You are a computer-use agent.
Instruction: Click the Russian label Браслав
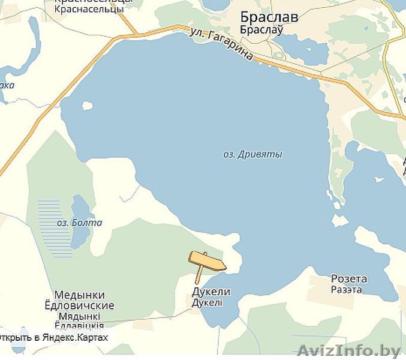[269, 17]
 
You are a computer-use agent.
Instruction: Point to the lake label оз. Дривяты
[252, 154]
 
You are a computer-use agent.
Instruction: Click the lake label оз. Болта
[79, 223]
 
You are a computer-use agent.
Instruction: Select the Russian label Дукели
[210, 292]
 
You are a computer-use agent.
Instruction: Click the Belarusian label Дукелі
[207, 303]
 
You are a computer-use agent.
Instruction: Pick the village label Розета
[349, 279]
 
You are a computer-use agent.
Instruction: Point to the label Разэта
[346, 289]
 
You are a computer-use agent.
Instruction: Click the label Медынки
[79, 295]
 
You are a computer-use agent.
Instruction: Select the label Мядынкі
[79, 316]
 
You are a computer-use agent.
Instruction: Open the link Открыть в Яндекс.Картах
[55, 338]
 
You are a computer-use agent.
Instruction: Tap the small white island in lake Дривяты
[88, 106]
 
